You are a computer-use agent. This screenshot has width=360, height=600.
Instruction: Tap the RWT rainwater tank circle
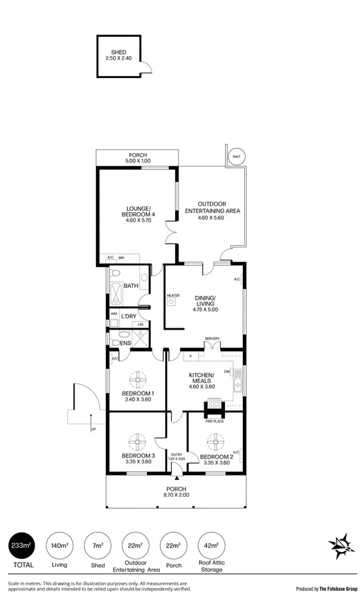point(235,156)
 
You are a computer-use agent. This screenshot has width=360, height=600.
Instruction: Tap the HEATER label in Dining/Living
point(173,295)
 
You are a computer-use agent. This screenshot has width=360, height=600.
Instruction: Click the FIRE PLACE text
point(214,420)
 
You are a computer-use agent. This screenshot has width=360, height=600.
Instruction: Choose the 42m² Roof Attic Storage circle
point(212,545)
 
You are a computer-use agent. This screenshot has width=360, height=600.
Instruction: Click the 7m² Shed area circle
point(97,545)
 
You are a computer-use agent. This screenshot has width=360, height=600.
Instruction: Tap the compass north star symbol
point(342,546)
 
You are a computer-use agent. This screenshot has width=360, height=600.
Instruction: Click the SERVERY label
point(212,339)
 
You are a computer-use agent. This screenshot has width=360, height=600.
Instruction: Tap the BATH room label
point(130,286)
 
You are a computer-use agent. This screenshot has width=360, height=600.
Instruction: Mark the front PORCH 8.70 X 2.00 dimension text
point(176,495)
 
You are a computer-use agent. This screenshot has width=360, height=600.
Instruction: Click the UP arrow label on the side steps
point(93,429)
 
